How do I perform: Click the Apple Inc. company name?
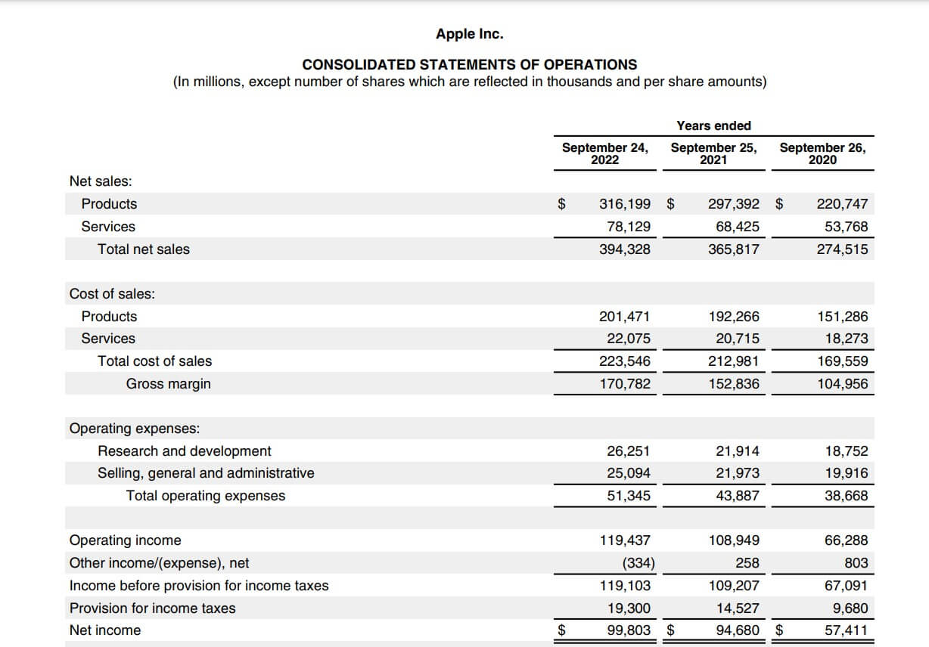pyautogui.click(x=469, y=34)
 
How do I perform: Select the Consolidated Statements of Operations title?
pyautogui.click(x=469, y=64)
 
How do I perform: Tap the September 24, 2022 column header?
pyautogui.click(x=604, y=153)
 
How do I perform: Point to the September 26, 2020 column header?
pyautogui.click(x=822, y=153)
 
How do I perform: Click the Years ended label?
pyautogui.click(x=713, y=125)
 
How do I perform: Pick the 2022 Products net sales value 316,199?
pyautogui.click(x=624, y=203)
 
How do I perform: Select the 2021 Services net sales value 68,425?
pyautogui.click(x=737, y=226)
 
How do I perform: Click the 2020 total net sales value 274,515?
pyautogui.click(x=842, y=249)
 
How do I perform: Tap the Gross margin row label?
pyautogui.click(x=168, y=384)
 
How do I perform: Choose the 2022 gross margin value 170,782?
pyautogui.click(x=624, y=384)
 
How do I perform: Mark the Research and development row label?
pyautogui.click(x=184, y=451)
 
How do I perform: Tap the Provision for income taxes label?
pyautogui.click(x=152, y=608)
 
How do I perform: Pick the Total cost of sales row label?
pyautogui.click(x=154, y=361)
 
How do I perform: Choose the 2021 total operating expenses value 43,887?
pyautogui.click(x=737, y=496)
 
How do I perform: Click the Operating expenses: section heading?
pyautogui.click(x=135, y=429)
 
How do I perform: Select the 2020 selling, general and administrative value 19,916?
pyautogui.click(x=846, y=473)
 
